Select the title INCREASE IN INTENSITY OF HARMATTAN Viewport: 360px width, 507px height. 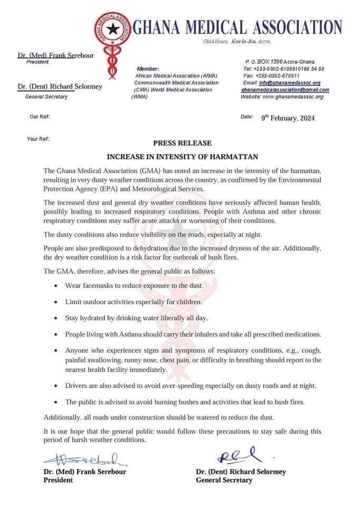pos(182,157)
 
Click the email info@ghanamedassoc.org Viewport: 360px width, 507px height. pos(290,83)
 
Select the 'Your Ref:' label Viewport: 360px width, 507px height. pos(37,139)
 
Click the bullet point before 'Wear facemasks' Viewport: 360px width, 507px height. pos(56,286)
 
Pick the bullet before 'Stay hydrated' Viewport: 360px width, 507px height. pos(56,318)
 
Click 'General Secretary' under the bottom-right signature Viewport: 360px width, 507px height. pos(224,480)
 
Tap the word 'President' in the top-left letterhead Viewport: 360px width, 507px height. pos(37,62)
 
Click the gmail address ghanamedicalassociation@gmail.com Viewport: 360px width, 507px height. pos(285,90)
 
